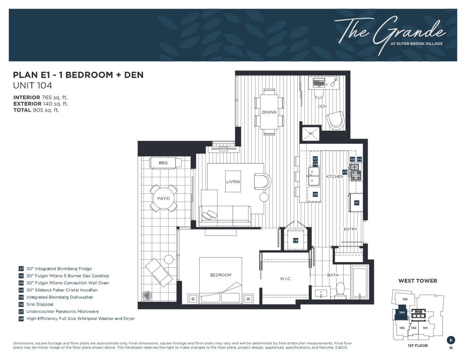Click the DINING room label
click(x=269, y=112)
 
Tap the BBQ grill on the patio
click(x=164, y=163)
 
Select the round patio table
click(x=164, y=198)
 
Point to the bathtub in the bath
click(x=359, y=282)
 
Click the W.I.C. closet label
click(x=285, y=279)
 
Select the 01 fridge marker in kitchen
click(x=357, y=203)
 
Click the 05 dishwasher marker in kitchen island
click(x=315, y=194)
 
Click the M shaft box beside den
click(x=310, y=134)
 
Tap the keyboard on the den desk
click(x=319, y=83)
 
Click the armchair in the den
click(x=337, y=120)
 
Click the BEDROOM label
click(x=220, y=275)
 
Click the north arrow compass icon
click(x=451, y=340)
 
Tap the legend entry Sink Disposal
click(x=40, y=304)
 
